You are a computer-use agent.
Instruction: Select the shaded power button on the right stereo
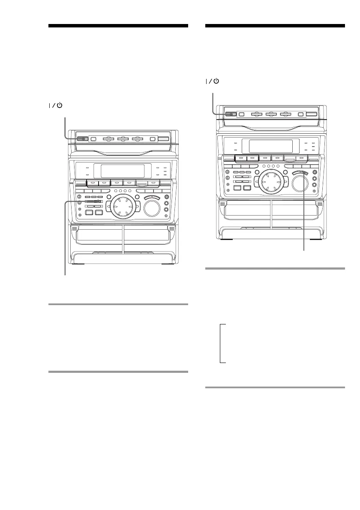tap(230, 114)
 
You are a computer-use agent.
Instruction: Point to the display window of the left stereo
tap(122, 171)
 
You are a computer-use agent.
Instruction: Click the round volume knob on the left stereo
tap(153, 209)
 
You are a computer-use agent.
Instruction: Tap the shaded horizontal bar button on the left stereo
tap(93, 201)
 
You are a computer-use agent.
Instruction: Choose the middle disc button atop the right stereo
tap(271, 114)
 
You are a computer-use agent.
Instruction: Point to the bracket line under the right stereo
tap(220, 344)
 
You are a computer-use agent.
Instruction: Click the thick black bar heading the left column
tap(118, 26)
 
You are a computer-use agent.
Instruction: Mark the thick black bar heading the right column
tap(275, 26)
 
